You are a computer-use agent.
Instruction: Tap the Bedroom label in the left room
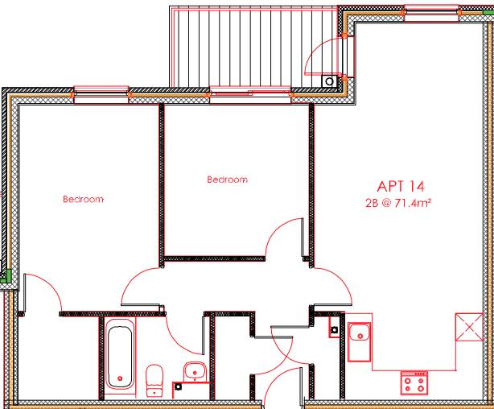click(x=84, y=198)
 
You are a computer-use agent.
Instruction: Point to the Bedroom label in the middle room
click(x=227, y=180)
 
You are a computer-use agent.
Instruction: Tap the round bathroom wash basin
click(x=194, y=372)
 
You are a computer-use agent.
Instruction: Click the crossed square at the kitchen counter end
click(x=466, y=327)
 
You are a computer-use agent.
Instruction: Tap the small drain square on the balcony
click(x=329, y=81)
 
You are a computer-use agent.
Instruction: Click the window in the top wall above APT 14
click(x=426, y=10)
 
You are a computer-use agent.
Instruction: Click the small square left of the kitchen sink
click(x=333, y=329)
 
